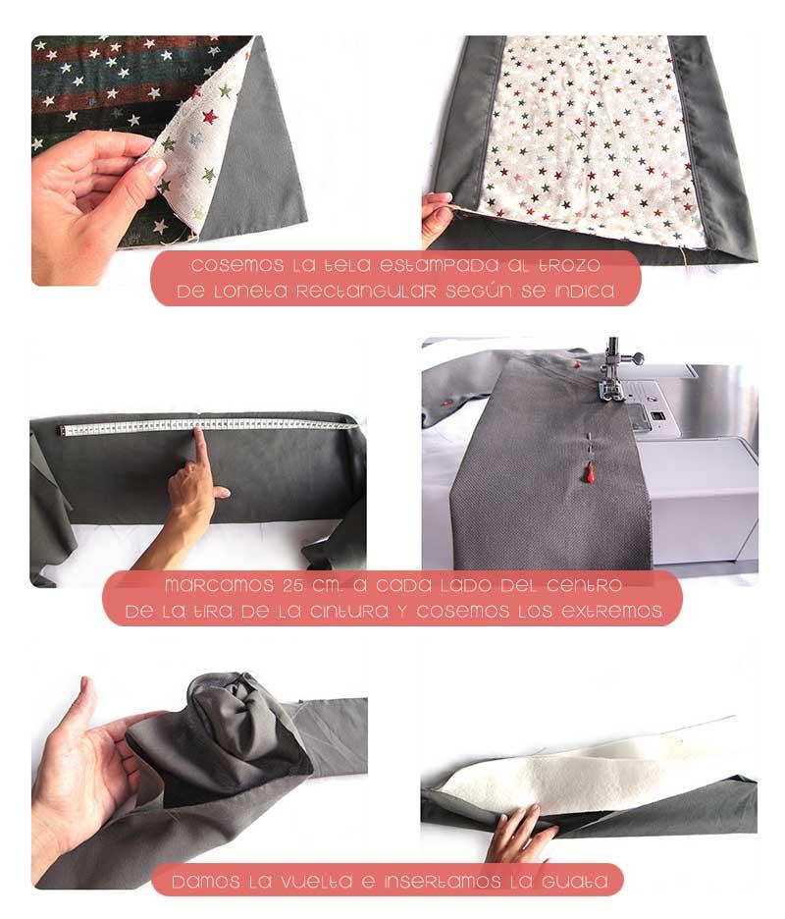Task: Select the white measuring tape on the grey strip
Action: (206, 425)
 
